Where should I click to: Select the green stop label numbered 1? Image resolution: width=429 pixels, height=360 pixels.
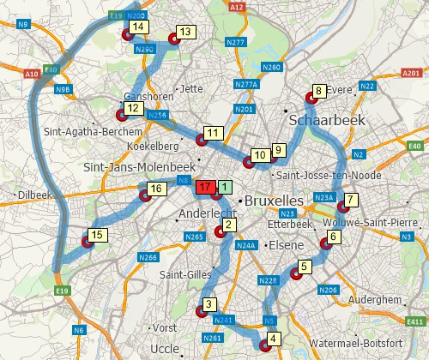(x=224, y=186)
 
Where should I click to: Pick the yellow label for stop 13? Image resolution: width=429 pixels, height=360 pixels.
(x=185, y=33)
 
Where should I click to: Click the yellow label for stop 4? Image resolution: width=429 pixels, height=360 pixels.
(x=273, y=339)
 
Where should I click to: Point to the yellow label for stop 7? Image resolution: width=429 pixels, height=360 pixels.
(x=350, y=201)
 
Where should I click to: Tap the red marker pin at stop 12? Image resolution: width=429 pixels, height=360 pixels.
(x=120, y=115)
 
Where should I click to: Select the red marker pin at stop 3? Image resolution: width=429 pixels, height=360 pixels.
(x=202, y=310)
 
